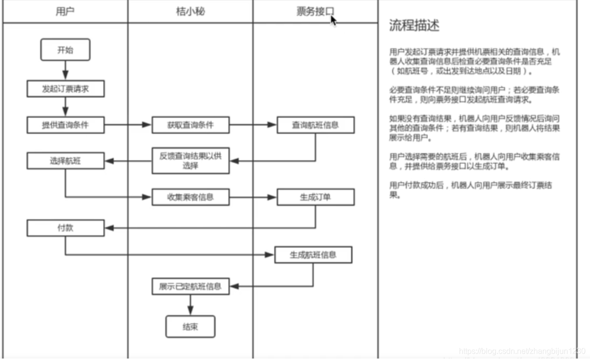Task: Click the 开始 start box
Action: click(65, 50)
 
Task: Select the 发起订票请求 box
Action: click(65, 89)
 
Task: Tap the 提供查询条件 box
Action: click(65, 125)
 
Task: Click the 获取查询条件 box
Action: click(190, 125)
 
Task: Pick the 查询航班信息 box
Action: click(315, 125)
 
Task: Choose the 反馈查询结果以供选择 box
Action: click(190, 161)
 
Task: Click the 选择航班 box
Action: click(65, 161)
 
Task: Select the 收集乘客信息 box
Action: click(190, 197)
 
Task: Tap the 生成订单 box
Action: click(315, 197)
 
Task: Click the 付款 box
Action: click(65, 227)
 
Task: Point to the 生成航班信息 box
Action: click(313, 255)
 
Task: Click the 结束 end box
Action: click(190, 327)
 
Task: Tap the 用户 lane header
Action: click(65, 11)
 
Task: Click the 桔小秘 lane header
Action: click(190, 11)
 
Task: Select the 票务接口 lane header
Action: click(315, 11)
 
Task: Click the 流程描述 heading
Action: click(414, 26)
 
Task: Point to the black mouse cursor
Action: click(333, 20)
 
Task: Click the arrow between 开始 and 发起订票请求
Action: click(65, 71)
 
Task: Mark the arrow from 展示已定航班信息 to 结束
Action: click(190, 305)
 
